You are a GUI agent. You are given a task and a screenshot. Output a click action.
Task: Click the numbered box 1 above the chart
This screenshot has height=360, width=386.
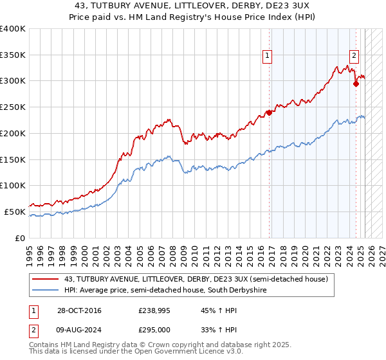pyautogui.click(x=267, y=56)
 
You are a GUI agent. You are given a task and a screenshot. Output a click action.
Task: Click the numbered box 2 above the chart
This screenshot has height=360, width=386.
pyautogui.click(x=354, y=56)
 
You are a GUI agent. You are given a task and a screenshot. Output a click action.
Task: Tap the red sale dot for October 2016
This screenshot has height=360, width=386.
pyautogui.click(x=269, y=113)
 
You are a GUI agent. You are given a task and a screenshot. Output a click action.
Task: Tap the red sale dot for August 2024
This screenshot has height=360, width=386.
pyautogui.click(x=356, y=83)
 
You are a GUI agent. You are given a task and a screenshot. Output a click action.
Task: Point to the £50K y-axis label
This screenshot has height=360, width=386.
pyautogui.click(x=15, y=212)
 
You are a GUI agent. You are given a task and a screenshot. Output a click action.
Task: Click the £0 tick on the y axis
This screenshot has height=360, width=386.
pyautogui.click(x=21, y=238)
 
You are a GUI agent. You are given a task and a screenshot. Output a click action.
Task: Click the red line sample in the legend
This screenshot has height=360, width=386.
pyautogui.click(x=46, y=279)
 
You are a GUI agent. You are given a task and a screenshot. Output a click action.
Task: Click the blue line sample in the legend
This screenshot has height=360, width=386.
pyautogui.click(x=46, y=291)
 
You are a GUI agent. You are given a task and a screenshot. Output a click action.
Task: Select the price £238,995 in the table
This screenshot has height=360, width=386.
pyautogui.click(x=153, y=311)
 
